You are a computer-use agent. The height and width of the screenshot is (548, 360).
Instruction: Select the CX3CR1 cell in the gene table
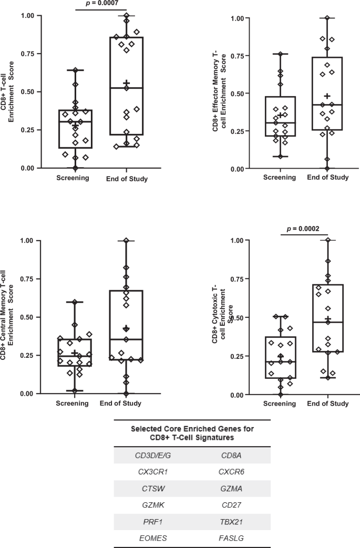tap(152, 471)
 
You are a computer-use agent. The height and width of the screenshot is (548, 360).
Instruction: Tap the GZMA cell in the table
tap(231, 489)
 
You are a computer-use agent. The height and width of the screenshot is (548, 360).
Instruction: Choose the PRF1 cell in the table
tap(152, 522)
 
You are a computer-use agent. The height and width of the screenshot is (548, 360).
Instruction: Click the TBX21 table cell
tap(231, 522)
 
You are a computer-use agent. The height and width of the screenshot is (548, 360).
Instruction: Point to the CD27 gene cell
tap(231, 505)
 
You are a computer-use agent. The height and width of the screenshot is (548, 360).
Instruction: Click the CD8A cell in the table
tap(231, 455)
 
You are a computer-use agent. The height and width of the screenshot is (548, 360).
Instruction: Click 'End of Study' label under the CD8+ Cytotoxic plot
tap(328, 404)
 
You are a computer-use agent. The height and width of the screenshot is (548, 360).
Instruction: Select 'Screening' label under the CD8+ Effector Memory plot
tap(280, 178)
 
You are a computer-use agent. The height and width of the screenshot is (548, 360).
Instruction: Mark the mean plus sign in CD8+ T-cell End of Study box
tap(126, 83)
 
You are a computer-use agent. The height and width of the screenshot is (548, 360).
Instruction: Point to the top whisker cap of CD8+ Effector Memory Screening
tap(280, 54)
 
